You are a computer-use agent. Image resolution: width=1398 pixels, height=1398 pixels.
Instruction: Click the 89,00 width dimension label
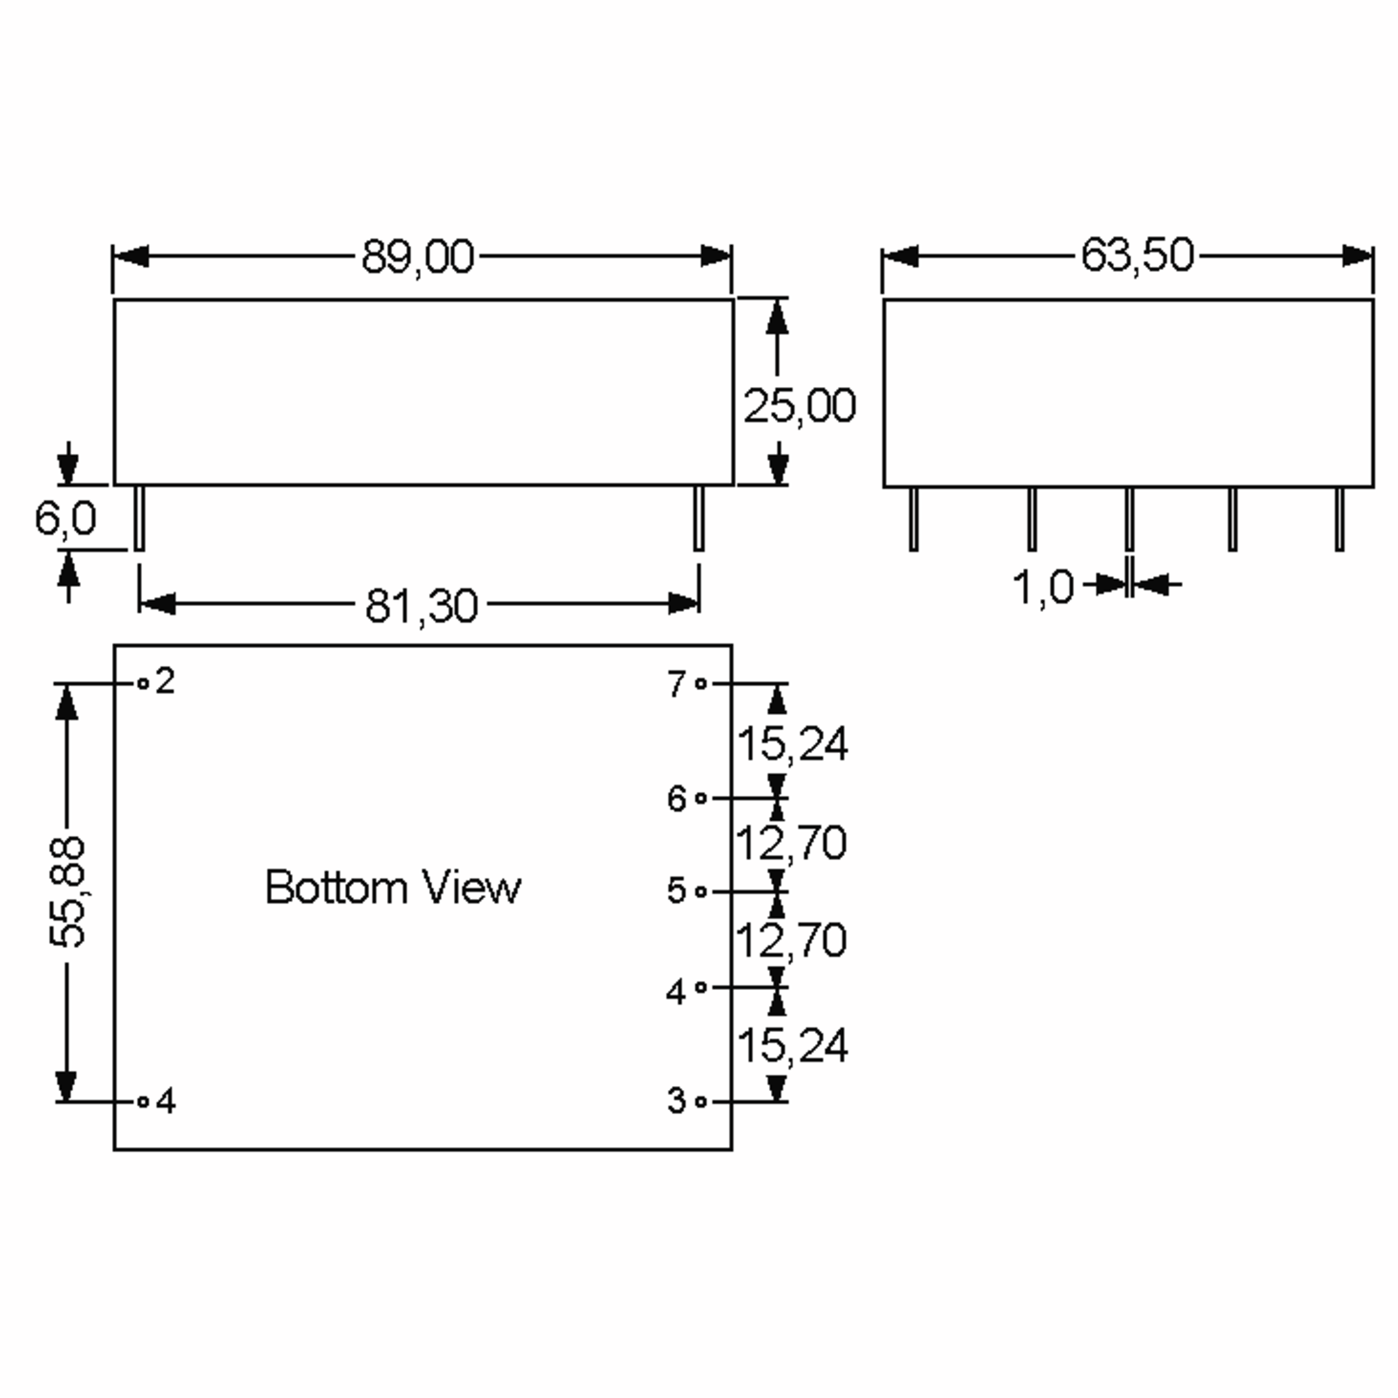coord(418,257)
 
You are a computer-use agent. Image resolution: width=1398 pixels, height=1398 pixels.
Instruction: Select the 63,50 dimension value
coord(1137,256)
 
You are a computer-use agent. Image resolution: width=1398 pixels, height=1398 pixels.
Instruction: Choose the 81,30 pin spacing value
coord(421,606)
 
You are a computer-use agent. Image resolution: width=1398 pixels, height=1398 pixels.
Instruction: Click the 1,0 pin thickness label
coord(1042,586)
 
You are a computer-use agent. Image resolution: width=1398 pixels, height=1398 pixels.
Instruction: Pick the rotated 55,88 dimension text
coord(66,892)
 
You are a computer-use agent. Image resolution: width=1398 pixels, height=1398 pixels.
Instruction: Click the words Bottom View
coord(393,887)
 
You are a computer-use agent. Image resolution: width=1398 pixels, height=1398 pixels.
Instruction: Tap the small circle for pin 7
coord(700,683)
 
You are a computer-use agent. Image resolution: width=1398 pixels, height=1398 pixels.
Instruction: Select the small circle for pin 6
coord(700,798)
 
